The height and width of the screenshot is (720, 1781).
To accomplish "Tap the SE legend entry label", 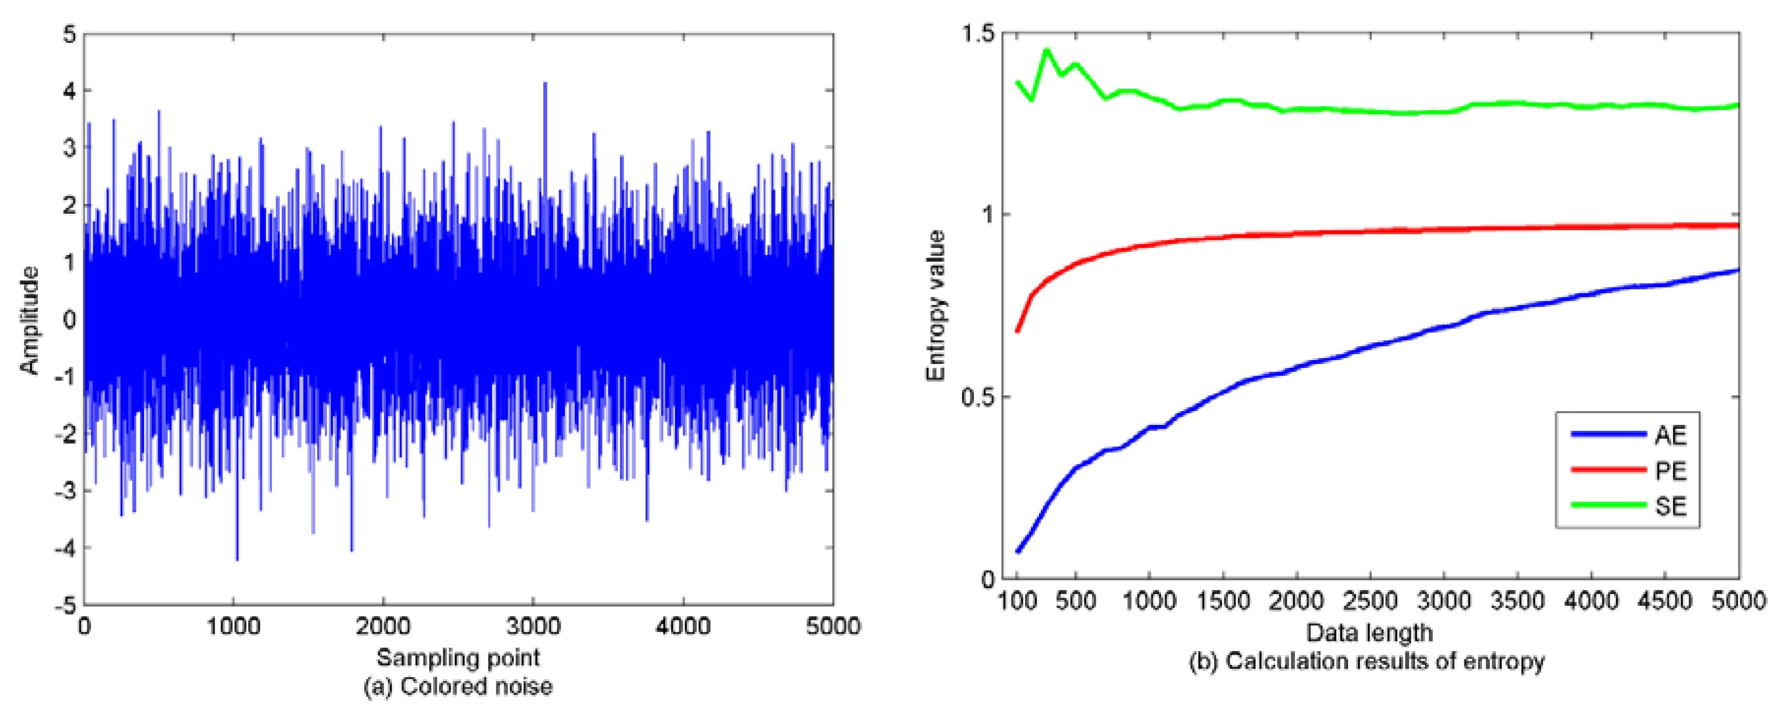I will (x=1670, y=506).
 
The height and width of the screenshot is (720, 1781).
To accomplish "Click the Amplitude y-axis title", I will (x=29, y=320).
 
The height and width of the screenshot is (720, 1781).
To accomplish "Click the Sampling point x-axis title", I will (x=458, y=657).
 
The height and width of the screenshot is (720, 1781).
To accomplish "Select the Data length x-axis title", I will (x=1369, y=632).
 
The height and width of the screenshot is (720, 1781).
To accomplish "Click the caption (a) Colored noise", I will (x=458, y=686).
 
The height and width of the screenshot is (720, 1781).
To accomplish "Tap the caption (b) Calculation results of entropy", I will (x=1366, y=661).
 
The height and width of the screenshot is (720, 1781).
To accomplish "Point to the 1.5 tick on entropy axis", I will (x=976, y=33).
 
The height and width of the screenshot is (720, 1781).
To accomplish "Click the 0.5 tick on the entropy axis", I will (x=976, y=397).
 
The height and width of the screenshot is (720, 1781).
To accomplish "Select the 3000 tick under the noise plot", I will (x=532, y=626).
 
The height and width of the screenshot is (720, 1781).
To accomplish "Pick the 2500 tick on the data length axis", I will (x=1370, y=600).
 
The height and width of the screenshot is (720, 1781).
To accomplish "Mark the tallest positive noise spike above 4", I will (x=545, y=84).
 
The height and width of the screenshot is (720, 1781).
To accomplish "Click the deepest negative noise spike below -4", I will (x=237, y=559).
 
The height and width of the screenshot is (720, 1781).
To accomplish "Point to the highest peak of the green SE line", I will (x=1046, y=50).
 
